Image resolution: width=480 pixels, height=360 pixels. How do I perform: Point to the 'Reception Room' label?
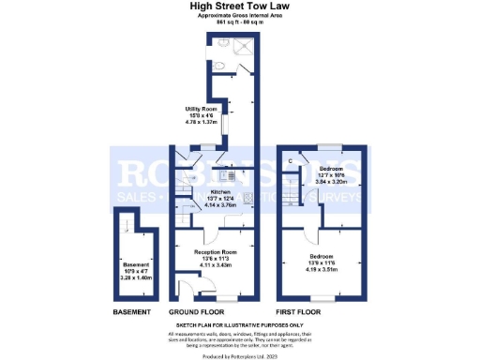coord(215,252)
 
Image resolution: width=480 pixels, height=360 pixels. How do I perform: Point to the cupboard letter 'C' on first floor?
coord(291,163)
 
